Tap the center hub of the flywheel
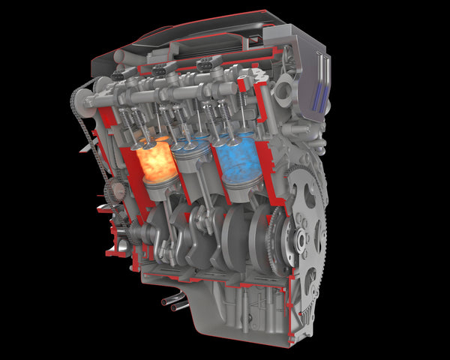[x=301, y=240]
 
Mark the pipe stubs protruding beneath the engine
[x=174, y=303]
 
